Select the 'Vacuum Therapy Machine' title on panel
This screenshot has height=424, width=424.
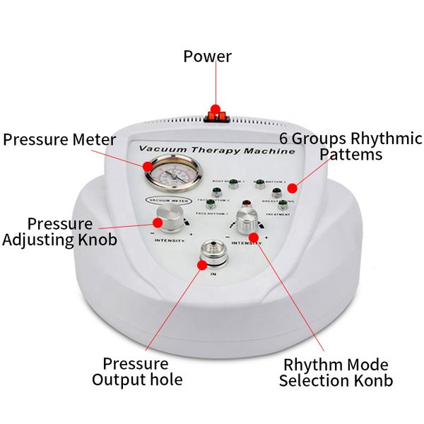(216, 151)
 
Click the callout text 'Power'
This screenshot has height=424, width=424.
(207, 56)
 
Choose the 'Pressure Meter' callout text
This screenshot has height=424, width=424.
(59, 139)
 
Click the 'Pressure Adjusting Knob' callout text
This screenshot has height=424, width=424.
(59, 231)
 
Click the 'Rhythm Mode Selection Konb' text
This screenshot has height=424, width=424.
(334, 373)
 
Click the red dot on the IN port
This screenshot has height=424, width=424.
(203, 266)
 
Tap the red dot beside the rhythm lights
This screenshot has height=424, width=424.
(291, 187)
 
